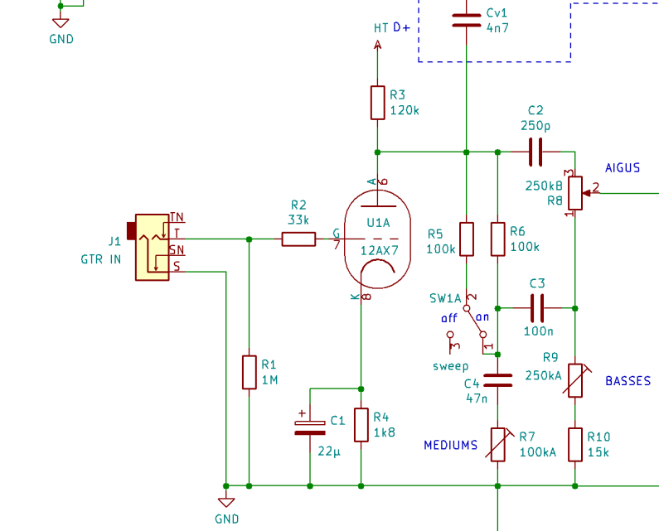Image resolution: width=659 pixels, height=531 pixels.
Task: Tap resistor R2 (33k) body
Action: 298,239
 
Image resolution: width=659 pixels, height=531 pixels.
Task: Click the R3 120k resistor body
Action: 378,103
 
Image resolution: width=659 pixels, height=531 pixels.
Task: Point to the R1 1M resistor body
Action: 250,372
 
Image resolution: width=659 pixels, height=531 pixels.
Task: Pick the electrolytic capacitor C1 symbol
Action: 310,426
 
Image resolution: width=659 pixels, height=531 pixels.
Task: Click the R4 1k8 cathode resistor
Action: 361,424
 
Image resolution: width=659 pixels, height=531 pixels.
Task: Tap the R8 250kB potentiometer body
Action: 574,194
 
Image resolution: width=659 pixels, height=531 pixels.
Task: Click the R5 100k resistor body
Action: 467,239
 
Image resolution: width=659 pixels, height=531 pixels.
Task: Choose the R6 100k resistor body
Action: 497,239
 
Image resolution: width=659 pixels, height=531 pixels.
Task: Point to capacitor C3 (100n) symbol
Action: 536,307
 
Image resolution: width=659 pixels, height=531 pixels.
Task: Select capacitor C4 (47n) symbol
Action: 497,379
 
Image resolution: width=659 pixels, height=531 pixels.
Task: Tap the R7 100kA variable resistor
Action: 497,444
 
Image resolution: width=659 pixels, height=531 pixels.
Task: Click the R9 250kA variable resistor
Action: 574,380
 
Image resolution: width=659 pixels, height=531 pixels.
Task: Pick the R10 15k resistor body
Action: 574,443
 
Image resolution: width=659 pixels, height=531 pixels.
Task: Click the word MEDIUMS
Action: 451,446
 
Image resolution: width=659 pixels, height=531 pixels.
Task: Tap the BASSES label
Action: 628,382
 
